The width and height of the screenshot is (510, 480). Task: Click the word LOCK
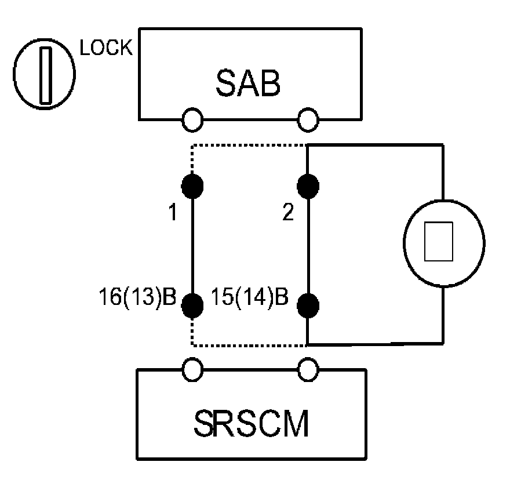click(105, 49)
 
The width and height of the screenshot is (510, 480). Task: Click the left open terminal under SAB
click(192, 120)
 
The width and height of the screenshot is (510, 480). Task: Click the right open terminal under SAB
click(308, 120)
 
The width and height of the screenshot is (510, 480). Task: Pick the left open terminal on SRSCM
click(192, 368)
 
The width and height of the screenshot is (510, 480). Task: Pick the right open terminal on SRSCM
click(308, 368)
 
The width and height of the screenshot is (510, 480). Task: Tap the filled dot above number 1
click(192, 186)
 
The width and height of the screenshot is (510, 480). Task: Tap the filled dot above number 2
click(308, 186)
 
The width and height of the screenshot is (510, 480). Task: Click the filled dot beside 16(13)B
click(192, 304)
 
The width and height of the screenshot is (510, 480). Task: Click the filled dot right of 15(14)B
click(308, 304)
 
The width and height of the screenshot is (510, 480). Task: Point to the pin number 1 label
click(172, 213)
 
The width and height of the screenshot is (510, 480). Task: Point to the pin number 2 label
click(288, 213)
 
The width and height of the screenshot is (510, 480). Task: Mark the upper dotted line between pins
click(249, 146)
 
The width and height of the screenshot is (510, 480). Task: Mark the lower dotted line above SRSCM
click(249, 346)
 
